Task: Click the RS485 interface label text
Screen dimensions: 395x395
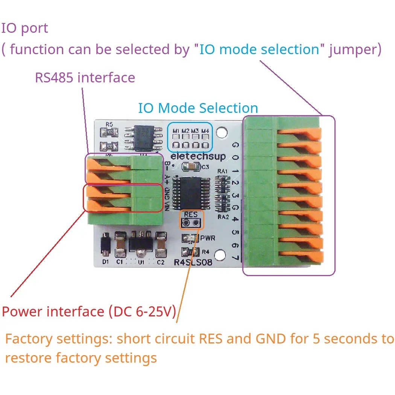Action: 85,78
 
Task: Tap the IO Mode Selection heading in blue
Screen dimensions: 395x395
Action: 198,108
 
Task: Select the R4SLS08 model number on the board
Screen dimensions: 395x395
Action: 193,262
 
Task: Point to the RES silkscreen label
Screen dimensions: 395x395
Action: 191,215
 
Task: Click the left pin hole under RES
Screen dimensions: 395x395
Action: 186,223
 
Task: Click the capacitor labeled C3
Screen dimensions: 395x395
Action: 189,167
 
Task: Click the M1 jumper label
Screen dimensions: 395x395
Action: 176,131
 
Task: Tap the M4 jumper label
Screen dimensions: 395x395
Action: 205,131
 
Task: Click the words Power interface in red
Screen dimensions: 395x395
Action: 53,312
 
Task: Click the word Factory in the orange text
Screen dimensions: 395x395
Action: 29,339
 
